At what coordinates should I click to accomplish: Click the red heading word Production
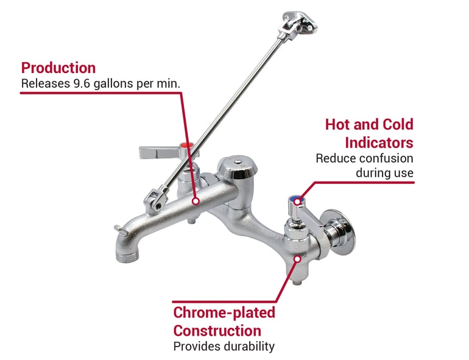click(x=58, y=68)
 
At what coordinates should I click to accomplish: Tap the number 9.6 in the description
click(x=82, y=83)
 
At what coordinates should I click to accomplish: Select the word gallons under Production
click(x=113, y=84)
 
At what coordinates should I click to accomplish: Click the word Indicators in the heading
click(x=379, y=143)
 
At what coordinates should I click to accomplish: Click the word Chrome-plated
click(x=224, y=313)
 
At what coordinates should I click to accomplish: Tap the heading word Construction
click(x=217, y=331)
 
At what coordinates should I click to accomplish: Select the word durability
click(x=249, y=347)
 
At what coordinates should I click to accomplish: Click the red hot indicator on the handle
click(x=187, y=146)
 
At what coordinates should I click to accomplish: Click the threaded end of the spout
click(x=127, y=256)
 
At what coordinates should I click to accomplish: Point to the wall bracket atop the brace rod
click(x=299, y=23)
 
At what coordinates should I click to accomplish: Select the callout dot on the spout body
click(x=196, y=201)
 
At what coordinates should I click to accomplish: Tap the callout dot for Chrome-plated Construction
click(x=297, y=259)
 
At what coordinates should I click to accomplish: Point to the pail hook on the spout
click(x=120, y=229)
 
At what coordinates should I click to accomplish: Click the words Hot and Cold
click(x=369, y=124)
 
